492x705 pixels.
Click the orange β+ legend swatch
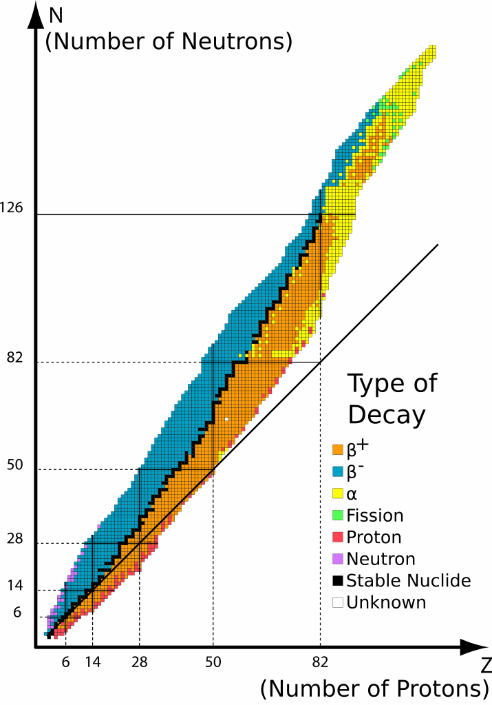coord(338,450)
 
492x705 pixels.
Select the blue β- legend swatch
coord(338,471)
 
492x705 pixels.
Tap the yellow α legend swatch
coord(338,493)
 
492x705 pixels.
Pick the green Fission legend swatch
coord(338,515)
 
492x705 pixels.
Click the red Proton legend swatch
coord(338,537)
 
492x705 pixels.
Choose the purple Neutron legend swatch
coord(338,558)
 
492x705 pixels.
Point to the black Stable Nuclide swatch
coord(338,580)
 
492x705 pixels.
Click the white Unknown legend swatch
coord(338,602)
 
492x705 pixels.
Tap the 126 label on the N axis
coord(12,207)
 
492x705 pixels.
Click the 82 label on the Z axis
coord(320,662)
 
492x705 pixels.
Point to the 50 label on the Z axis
coord(213,662)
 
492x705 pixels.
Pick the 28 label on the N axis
coord(15,539)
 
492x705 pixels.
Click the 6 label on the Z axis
coord(66,662)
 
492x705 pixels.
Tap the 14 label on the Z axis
coord(93,662)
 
